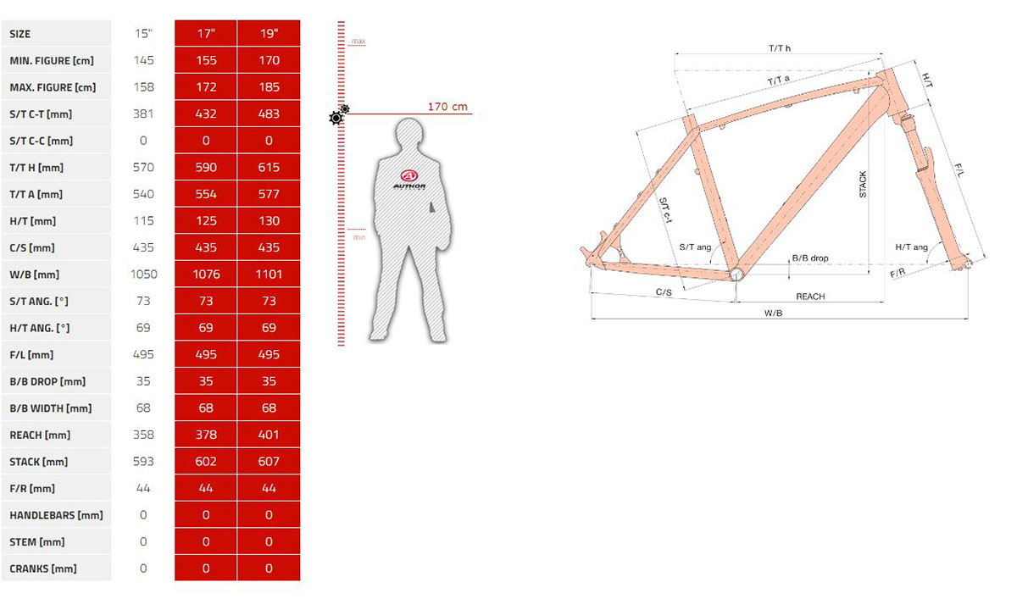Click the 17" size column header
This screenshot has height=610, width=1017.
point(206,34)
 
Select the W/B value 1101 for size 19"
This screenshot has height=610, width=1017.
point(269,274)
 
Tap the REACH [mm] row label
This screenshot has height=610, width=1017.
point(40,435)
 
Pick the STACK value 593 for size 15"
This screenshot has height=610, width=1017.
point(143,462)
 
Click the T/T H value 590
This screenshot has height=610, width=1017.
point(206,168)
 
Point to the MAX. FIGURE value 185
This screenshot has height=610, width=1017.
point(269,87)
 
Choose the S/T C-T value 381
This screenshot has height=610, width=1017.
point(143,114)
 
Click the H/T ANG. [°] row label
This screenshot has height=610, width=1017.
point(40,328)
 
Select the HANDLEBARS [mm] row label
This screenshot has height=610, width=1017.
point(56,515)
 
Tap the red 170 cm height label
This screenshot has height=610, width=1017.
point(447,107)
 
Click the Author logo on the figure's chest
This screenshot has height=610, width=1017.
point(409,180)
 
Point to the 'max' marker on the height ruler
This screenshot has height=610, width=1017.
point(358,42)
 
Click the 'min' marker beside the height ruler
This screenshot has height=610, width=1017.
point(359,237)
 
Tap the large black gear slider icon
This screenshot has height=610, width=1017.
point(336,119)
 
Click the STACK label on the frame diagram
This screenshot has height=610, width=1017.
point(863,185)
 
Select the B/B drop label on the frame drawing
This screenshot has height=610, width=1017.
point(810,258)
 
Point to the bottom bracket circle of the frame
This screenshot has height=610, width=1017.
point(736,274)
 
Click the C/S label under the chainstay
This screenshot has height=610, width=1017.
point(664,291)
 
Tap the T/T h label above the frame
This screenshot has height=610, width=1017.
point(779,48)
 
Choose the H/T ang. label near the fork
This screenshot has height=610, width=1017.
point(911,247)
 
